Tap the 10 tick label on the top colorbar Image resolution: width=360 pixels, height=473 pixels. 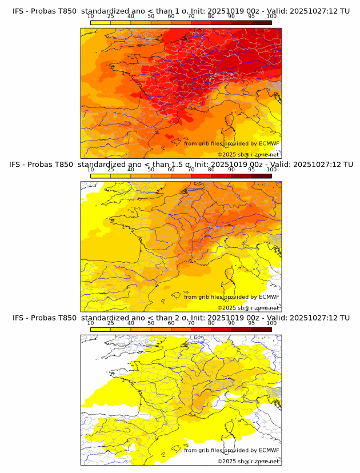click(91, 17)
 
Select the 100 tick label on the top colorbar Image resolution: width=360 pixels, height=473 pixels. click(271, 17)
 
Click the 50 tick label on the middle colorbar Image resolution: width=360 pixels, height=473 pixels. click(151, 170)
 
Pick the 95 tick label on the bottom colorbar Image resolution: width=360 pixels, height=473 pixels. click(251, 323)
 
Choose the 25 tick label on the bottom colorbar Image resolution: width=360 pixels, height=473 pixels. click(111, 323)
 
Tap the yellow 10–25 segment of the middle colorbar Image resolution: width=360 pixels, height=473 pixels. click(101, 176)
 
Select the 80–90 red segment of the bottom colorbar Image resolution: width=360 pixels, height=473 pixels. click(221, 329)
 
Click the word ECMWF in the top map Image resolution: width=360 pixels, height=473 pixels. click(269, 143)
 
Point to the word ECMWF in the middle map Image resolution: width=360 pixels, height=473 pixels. click(269, 296)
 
